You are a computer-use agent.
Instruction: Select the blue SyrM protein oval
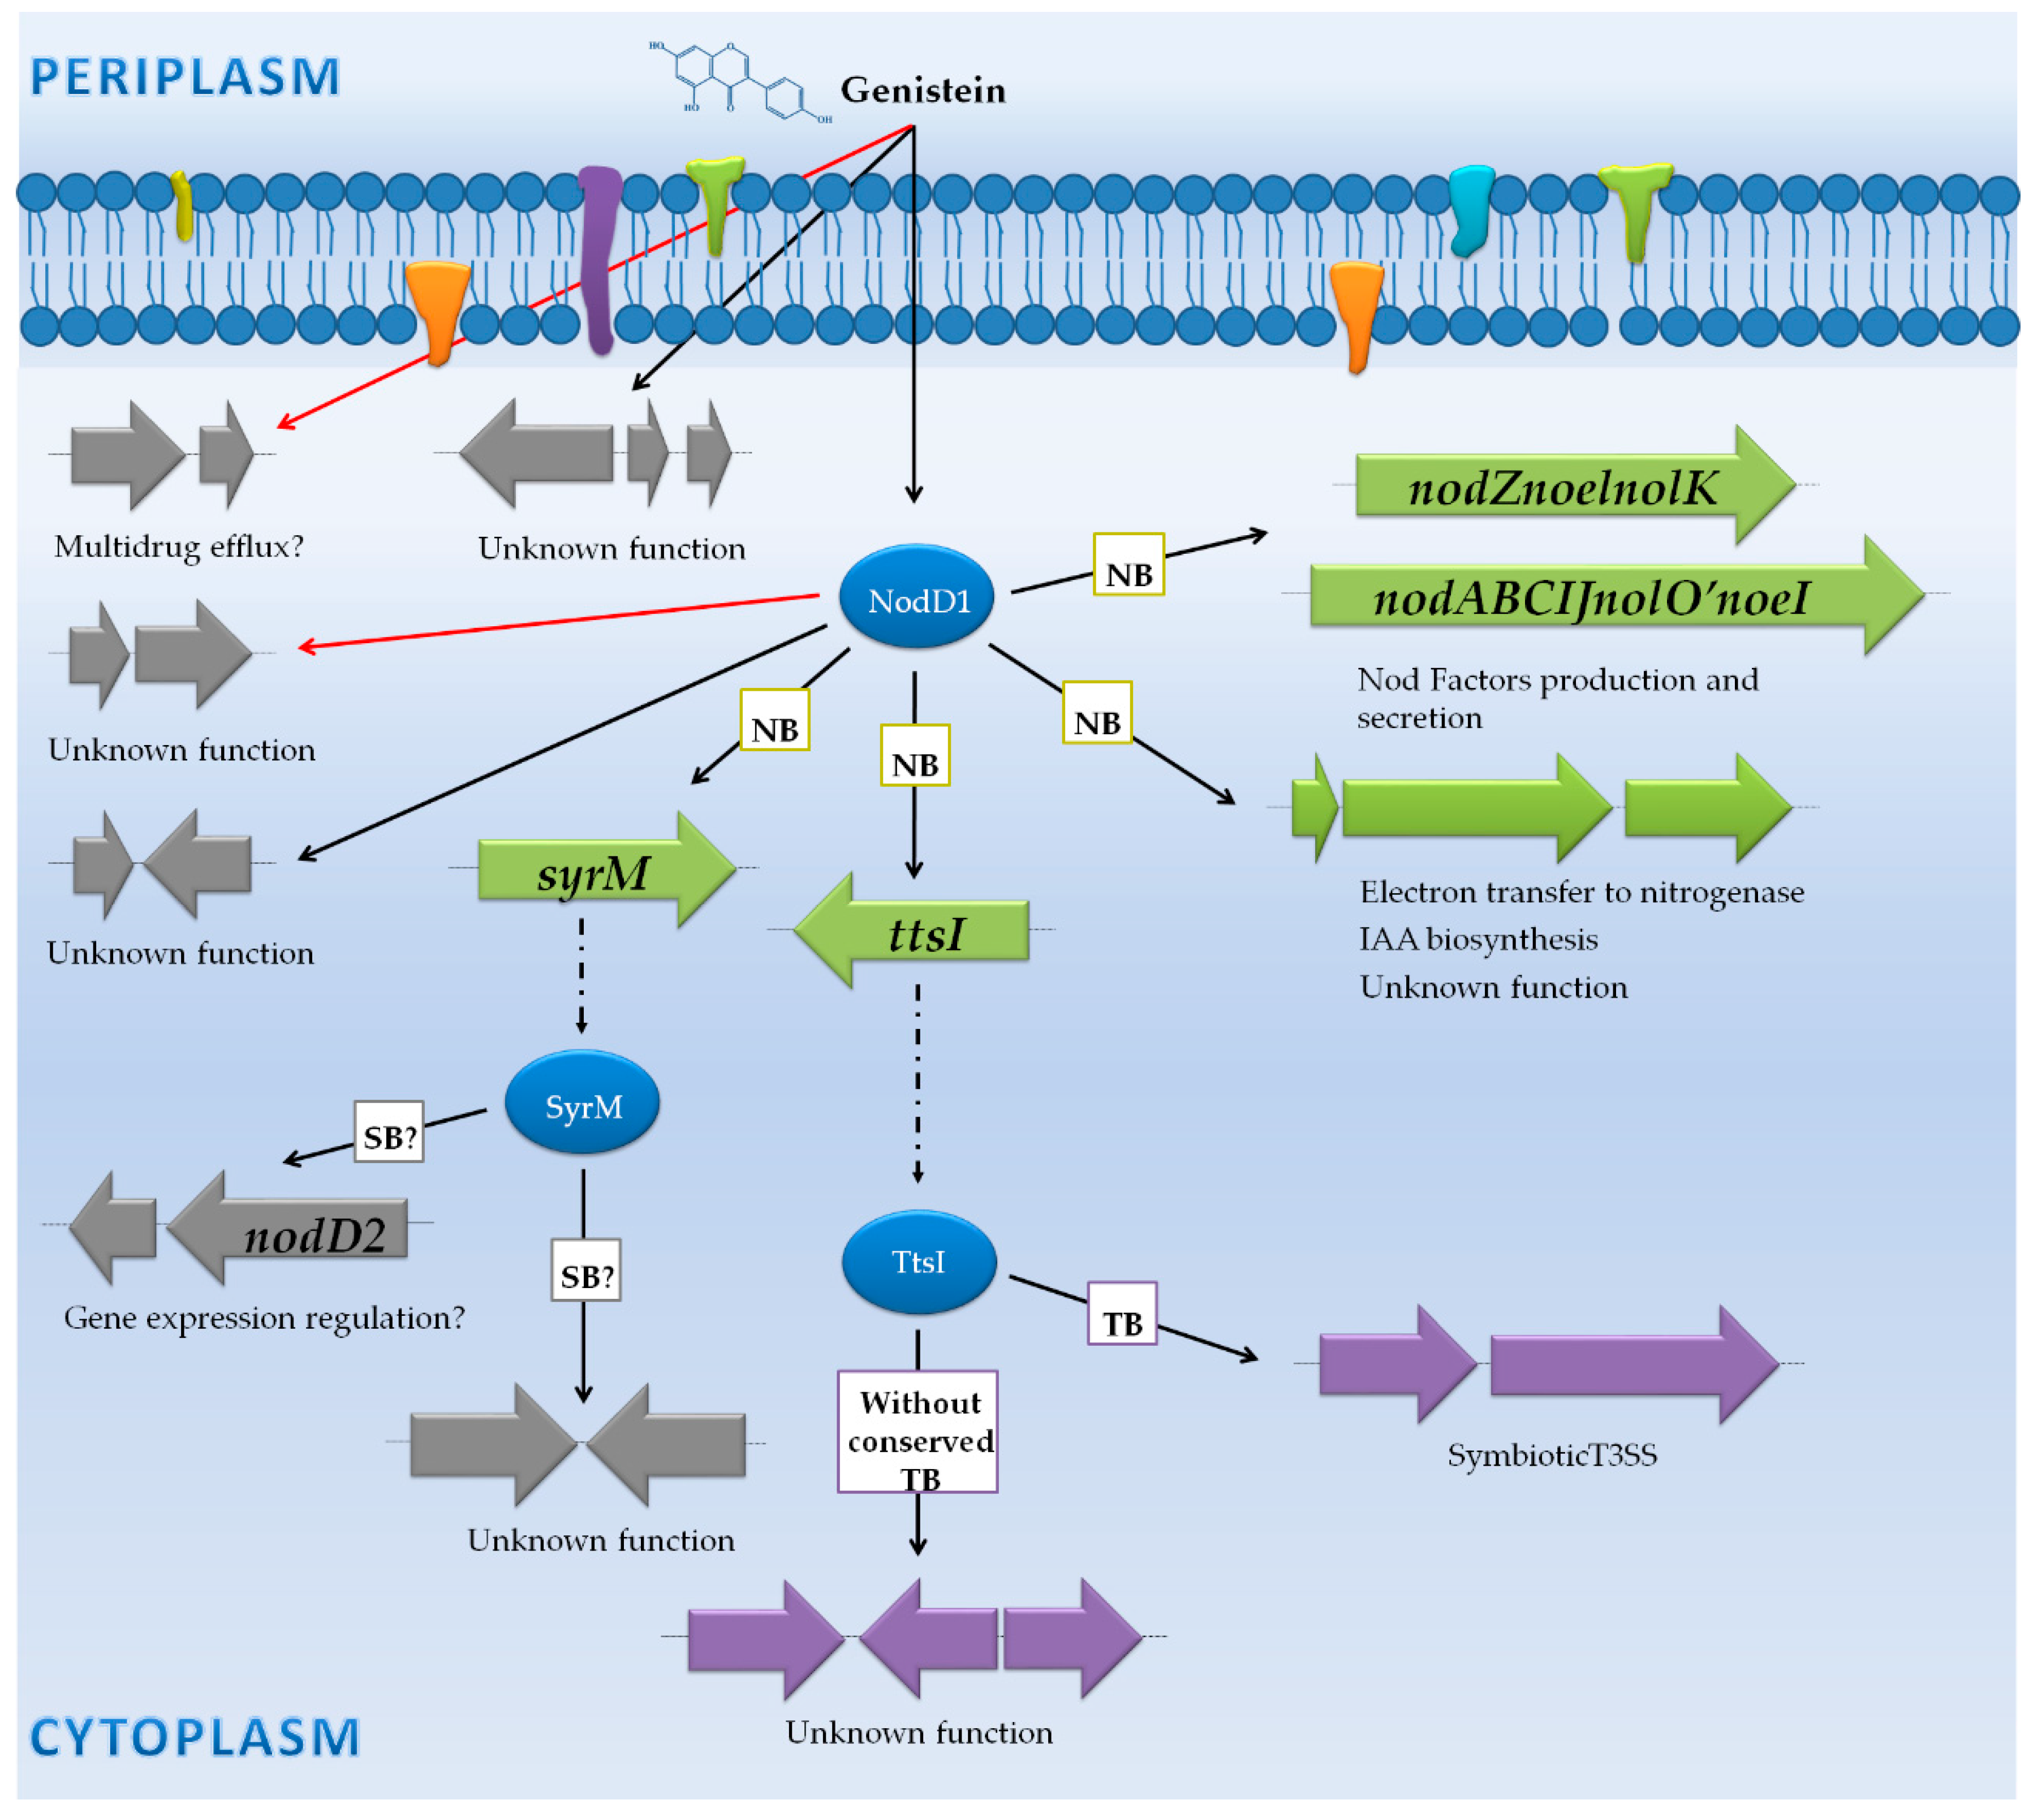coord(582,1103)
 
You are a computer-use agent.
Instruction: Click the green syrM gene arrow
coord(599,871)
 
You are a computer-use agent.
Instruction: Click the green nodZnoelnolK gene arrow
coord(1567,486)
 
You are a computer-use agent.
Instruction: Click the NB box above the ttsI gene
coord(914,756)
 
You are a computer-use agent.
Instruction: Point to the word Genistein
coord(922,90)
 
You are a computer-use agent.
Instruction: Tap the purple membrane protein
coord(599,257)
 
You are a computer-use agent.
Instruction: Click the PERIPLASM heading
coord(186,77)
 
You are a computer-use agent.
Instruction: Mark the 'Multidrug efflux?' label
coord(179,546)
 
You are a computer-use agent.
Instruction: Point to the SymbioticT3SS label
coord(1552,1454)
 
